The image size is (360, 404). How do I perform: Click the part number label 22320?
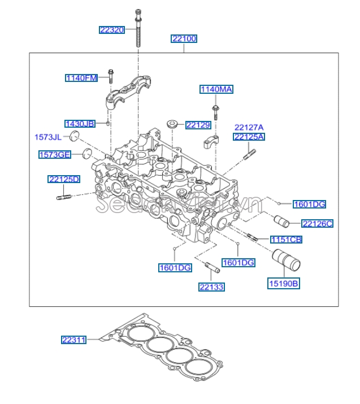pos(111,29)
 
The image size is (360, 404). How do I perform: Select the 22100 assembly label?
pos(184,39)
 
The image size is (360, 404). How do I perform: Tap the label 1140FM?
pos(81,77)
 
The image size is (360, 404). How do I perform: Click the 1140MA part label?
pos(216,89)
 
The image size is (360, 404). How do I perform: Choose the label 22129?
pos(198,125)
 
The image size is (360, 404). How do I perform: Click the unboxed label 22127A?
pos(249,127)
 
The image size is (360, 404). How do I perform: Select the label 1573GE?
pos(55,154)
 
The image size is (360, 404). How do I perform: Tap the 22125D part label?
pos(64,179)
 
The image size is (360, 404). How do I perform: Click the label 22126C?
pos(317,223)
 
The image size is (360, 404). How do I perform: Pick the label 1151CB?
pos(285,240)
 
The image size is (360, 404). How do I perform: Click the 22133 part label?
pos(211,287)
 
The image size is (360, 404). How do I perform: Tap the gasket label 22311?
pos(73,340)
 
